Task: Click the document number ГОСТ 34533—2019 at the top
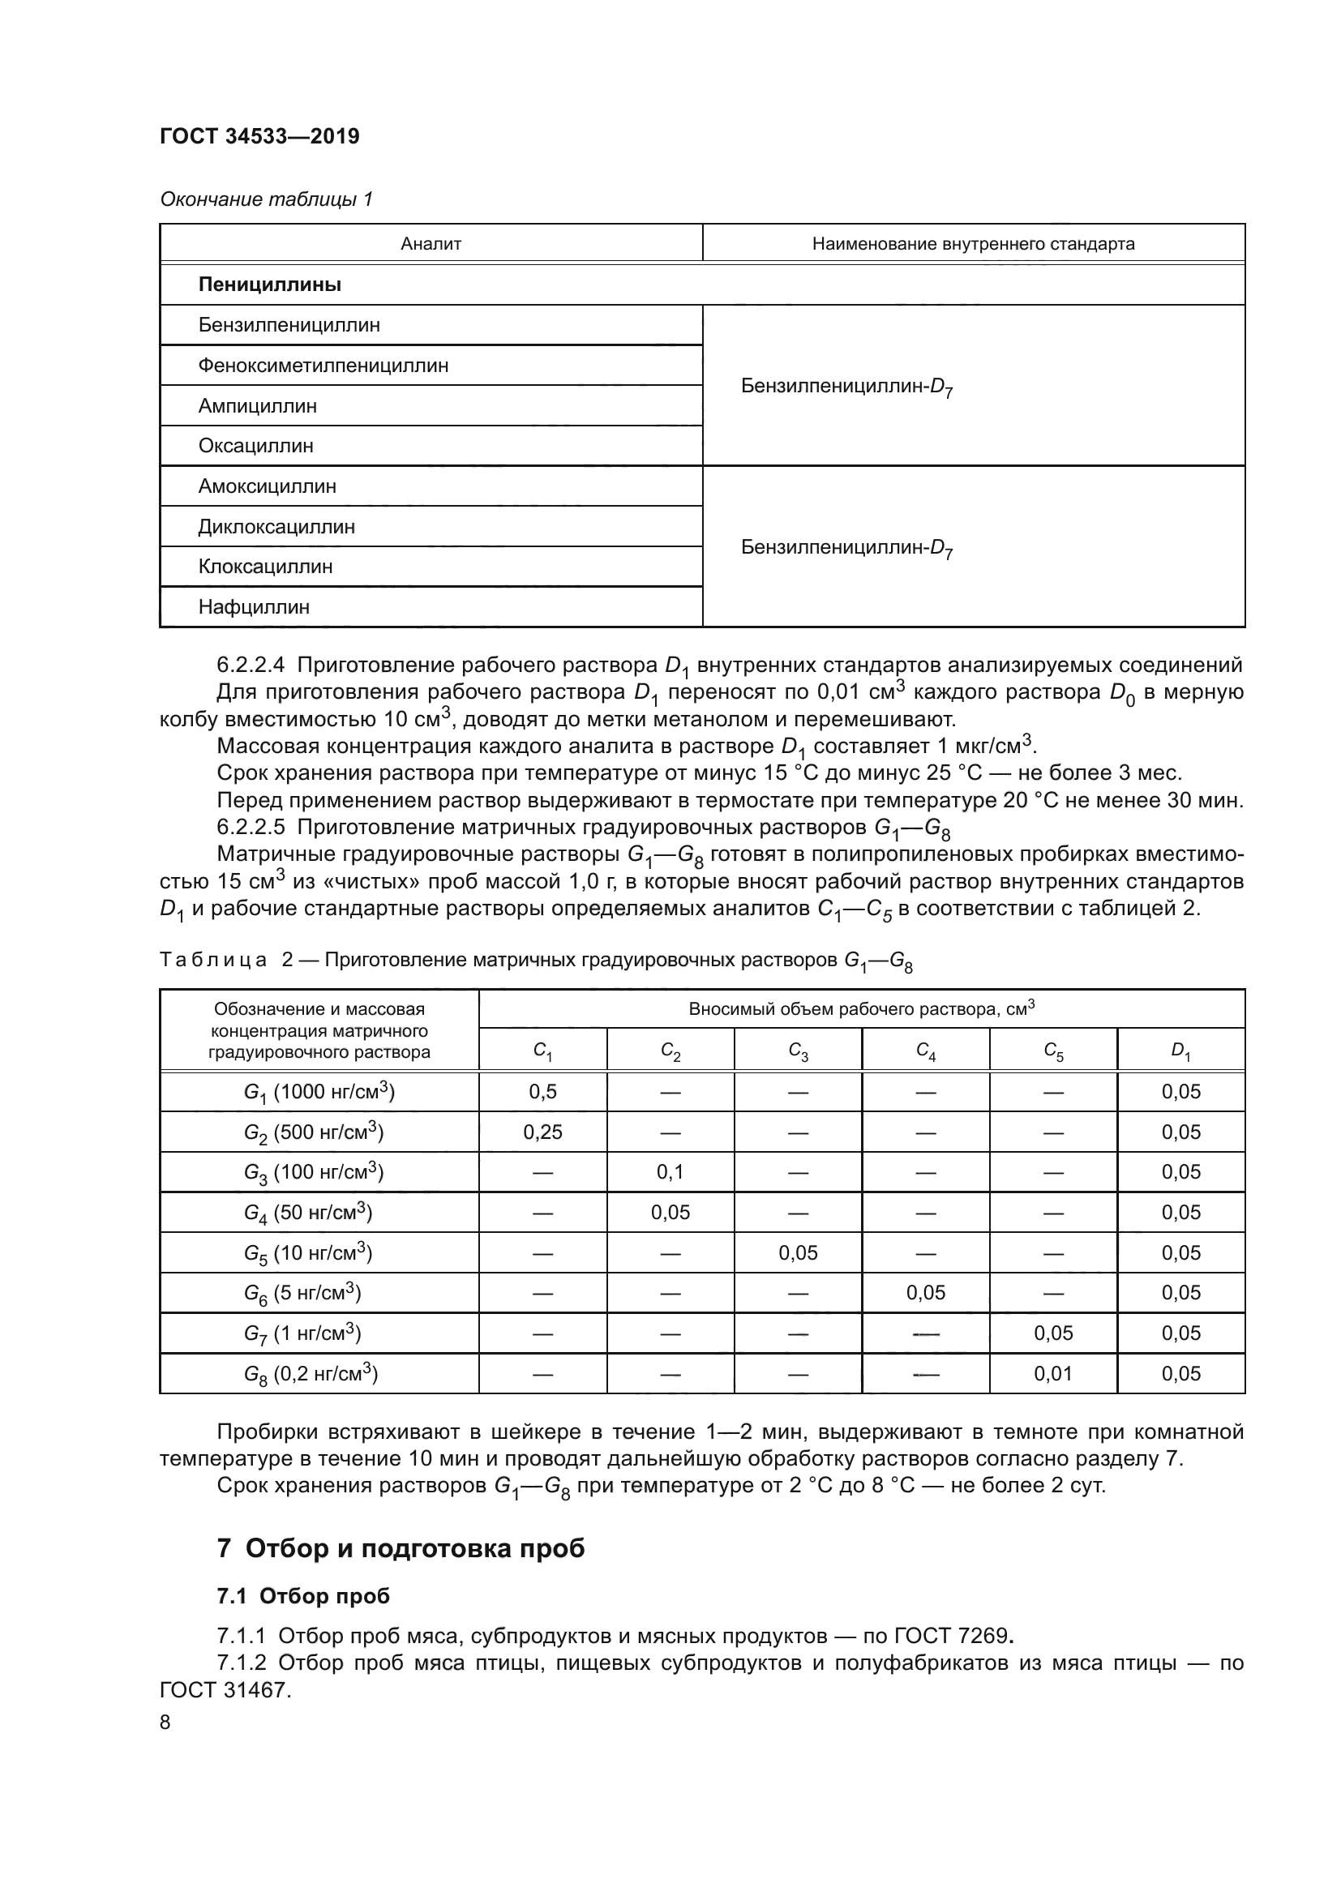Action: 259,136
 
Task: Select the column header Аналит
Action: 431,244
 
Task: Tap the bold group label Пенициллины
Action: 269,285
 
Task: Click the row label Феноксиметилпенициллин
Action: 323,365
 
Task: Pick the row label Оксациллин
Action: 255,446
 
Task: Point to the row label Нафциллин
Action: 254,607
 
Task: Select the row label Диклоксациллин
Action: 276,527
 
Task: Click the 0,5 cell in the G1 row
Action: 542,1092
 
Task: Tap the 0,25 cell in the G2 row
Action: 542,1132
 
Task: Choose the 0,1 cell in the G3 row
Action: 670,1172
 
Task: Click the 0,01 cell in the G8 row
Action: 1053,1374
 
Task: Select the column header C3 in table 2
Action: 798,1051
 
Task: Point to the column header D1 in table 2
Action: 1180,1051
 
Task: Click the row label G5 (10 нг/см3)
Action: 307,1253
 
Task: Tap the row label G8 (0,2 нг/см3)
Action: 311,1375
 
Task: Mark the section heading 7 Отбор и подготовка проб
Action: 401,1548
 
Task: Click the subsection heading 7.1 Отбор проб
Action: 303,1596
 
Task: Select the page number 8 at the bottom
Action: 165,1723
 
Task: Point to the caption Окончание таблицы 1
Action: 266,199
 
